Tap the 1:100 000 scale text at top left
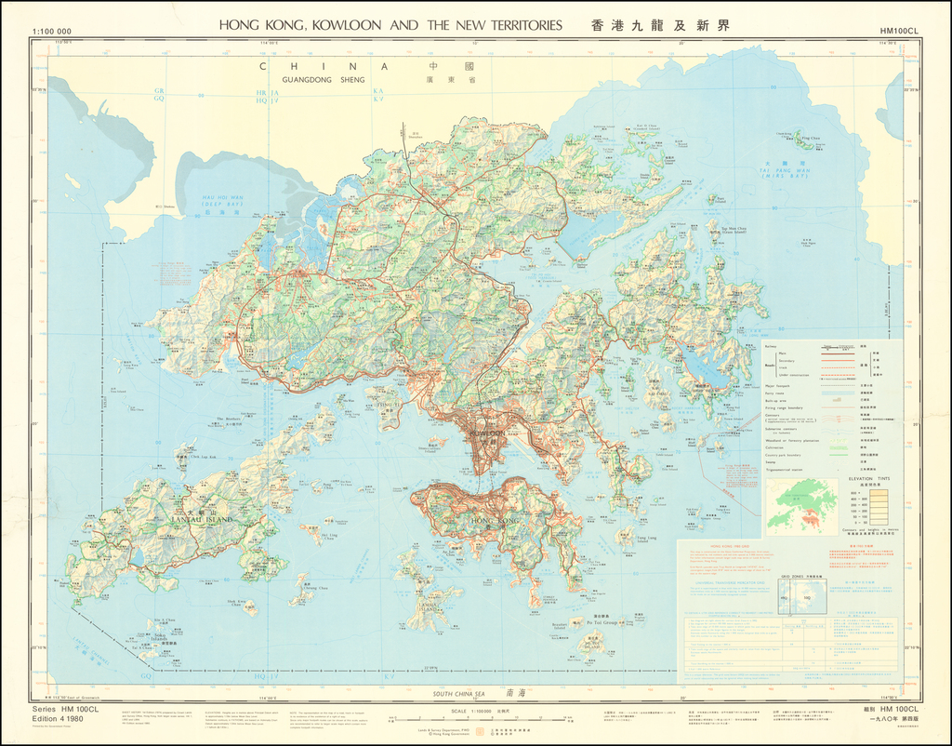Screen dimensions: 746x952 (x=51, y=32)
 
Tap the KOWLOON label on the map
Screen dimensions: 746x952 (x=487, y=433)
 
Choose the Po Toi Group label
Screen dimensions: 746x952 (x=606, y=621)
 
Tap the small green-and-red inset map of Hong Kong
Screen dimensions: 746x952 (x=800, y=504)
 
